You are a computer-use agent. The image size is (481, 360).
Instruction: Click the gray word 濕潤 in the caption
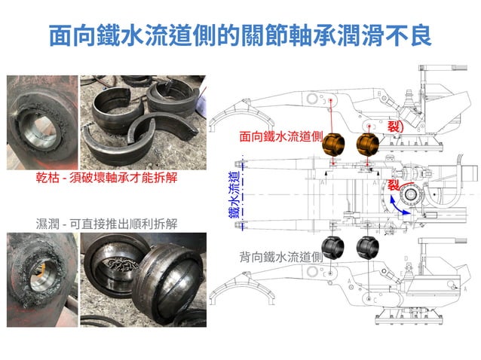click(49, 224)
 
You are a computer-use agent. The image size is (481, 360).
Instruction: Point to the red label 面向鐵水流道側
click(280, 138)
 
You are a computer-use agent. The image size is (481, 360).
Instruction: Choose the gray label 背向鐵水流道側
click(280, 257)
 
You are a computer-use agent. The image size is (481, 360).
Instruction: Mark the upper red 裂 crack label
click(394, 127)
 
